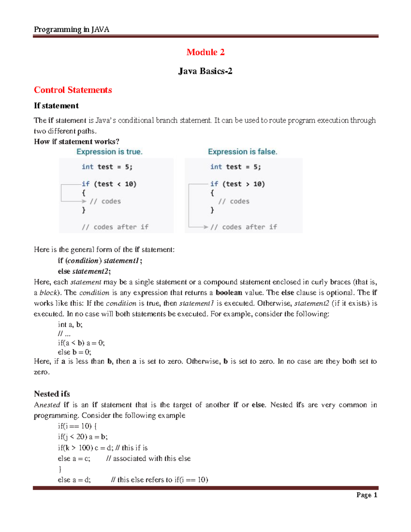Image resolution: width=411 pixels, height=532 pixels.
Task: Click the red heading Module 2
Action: coord(205,52)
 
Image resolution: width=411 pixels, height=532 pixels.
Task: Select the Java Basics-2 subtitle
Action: coord(205,71)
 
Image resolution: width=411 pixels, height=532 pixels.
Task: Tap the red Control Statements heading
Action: coord(73,90)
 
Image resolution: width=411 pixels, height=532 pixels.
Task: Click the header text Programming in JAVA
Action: coord(72,29)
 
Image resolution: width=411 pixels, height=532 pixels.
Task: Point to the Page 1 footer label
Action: coord(366,495)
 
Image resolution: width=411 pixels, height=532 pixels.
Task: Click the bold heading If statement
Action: coord(56,106)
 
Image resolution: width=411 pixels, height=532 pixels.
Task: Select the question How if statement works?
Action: coord(76,141)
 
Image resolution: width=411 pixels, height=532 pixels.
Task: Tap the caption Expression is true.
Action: coord(109,152)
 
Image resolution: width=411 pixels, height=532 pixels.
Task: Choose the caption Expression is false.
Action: coord(242,152)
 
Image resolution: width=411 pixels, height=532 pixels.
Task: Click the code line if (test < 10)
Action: coord(109,184)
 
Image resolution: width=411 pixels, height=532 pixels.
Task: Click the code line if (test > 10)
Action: coord(237,184)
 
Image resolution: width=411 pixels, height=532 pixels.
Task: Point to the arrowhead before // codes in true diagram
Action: coord(84,201)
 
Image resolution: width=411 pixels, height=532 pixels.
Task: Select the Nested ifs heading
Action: coord(52,394)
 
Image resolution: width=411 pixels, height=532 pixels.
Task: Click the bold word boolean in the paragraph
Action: coord(229,293)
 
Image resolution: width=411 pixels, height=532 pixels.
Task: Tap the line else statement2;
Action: coord(84,271)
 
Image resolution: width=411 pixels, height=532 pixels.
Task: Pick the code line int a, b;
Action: coord(70,324)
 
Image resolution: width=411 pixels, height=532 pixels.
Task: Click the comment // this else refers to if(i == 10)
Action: coord(160,480)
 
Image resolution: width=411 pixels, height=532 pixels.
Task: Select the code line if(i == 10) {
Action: coord(77,426)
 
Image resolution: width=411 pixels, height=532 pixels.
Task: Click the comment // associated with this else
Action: coord(148,458)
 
